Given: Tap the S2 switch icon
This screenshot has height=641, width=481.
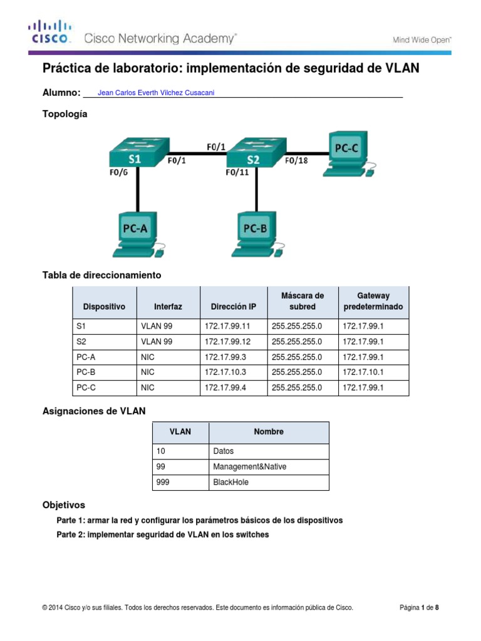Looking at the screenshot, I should (x=253, y=153).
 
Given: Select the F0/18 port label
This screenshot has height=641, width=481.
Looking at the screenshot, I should (x=297, y=160).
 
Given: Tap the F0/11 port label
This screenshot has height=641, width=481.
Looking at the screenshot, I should (x=238, y=173).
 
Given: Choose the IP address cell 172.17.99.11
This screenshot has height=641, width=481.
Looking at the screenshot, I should (x=227, y=326).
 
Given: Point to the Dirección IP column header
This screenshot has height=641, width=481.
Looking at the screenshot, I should (x=233, y=307).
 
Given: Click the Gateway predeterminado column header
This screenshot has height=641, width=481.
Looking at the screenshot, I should (x=373, y=302).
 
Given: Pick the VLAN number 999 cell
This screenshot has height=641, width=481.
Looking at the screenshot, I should (x=164, y=483).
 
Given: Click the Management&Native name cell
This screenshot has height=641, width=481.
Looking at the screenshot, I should (x=249, y=467).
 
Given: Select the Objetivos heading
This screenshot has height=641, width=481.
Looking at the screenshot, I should (x=63, y=505).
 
